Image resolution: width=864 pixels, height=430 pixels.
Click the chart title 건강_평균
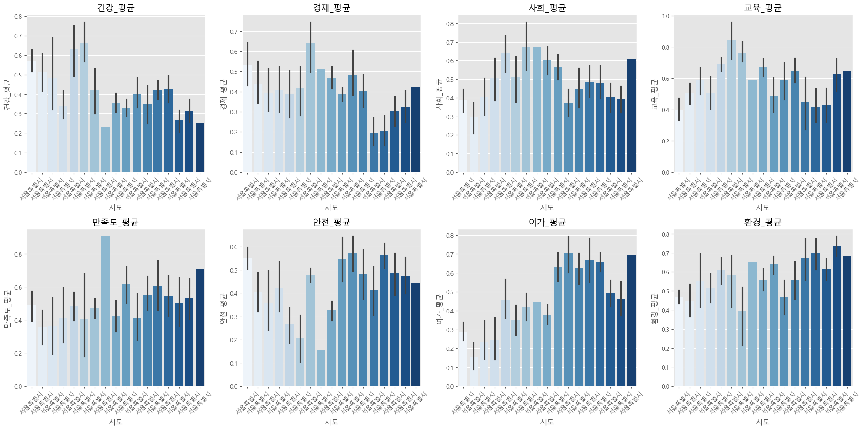click(x=116, y=8)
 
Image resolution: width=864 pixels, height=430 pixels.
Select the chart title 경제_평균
click(x=331, y=8)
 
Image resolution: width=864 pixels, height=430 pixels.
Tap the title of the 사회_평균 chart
click(x=547, y=8)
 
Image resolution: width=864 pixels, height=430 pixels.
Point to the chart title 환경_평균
click(x=763, y=222)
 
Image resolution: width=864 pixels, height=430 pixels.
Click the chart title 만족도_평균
click(x=116, y=222)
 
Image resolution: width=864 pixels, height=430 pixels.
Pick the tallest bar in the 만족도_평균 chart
click(x=105, y=311)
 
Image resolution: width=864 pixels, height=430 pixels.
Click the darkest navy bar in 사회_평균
click(x=631, y=116)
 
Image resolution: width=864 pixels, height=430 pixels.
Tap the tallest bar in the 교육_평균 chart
click(x=731, y=107)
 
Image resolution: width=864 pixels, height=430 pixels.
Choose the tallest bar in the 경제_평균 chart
click(x=310, y=107)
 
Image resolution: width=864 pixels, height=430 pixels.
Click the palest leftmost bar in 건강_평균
click(x=32, y=117)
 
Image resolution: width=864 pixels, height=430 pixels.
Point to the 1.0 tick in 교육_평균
click(x=666, y=16)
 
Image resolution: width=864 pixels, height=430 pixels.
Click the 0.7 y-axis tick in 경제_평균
click(x=234, y=32)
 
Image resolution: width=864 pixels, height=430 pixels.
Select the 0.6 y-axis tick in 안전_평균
click(x=234, y=247)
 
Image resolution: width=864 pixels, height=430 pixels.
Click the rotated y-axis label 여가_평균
click(x=439, y=308)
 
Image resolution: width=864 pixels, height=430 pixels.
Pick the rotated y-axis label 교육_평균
click(x=654, y=94)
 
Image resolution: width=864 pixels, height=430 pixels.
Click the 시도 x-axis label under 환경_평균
click(x=763, y=422)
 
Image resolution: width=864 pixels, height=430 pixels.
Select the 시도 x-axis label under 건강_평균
click(x=116, y=207)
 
